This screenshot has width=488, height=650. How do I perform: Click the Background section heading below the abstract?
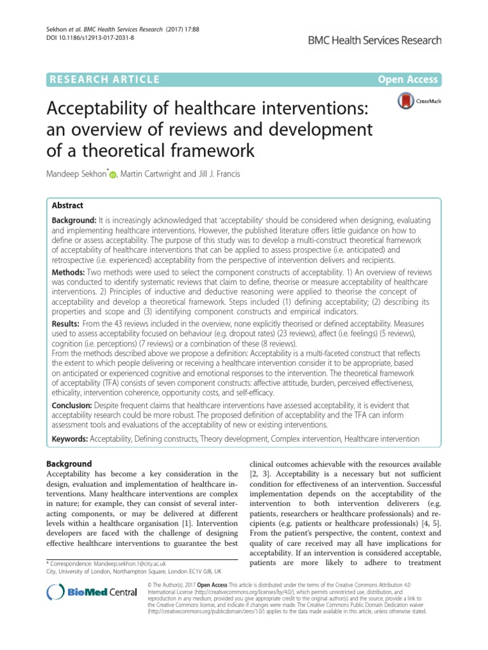pyautogui.click(x=70, y=464)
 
